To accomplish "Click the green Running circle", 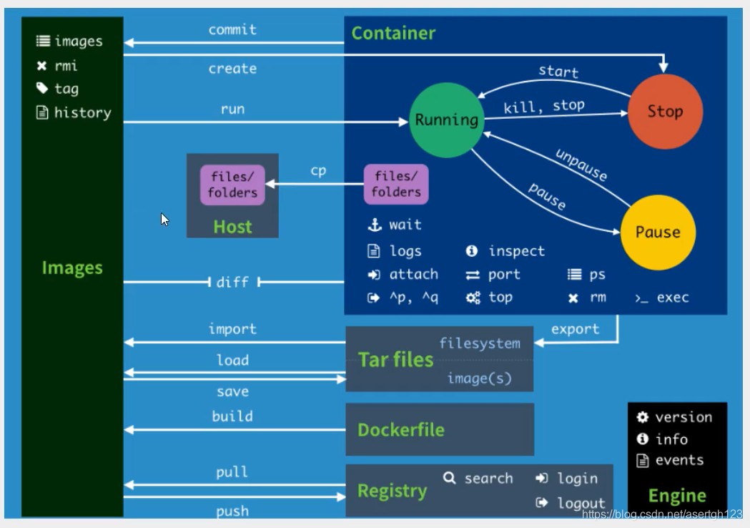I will (446, 119).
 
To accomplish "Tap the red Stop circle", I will (665, 111).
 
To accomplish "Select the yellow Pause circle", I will (658, 232).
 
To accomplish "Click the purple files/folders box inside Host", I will (232, 185).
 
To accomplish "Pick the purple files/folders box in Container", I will (396, 185).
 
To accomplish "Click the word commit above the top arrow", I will (232, 30).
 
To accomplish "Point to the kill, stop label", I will (544, 107).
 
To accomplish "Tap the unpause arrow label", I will (581, 165).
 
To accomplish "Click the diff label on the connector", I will (232, 283).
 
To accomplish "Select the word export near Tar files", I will (575, 329).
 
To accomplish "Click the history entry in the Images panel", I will (82, 112).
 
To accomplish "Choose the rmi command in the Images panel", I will (66, 66).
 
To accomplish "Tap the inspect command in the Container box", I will (516, 251).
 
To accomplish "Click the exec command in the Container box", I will (672, 298).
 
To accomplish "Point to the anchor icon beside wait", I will (375, 225).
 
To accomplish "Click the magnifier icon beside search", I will (449, 478).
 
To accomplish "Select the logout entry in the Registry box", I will (581, 503).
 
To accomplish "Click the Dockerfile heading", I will (400, 430).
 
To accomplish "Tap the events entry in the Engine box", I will (679, 460).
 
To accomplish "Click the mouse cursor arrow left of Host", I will (164, 219).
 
